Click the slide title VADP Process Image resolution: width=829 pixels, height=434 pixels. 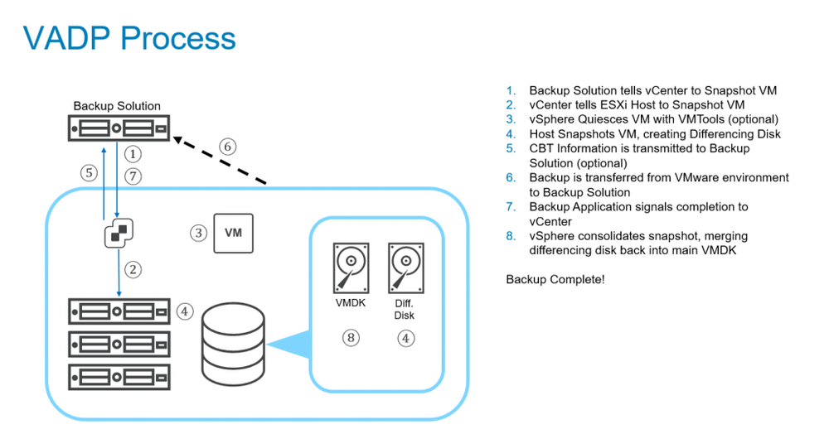click(129, 38)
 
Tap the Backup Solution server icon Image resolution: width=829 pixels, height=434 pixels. click(119, 129)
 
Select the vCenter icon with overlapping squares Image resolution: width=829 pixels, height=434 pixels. click(118, 234)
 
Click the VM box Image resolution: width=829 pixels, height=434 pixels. click(233, 233)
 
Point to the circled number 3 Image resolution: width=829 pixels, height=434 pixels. click(198, 233)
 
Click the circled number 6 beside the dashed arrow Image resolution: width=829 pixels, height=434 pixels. click(227, 147)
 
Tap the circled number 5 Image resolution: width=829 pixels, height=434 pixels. click(89, 174)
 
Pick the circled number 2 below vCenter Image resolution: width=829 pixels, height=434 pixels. click(132, 268)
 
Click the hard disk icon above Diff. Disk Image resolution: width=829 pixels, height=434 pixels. click(405, 268)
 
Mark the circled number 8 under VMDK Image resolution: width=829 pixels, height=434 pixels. click(351, 338)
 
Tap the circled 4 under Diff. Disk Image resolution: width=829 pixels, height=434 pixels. click(405, 338)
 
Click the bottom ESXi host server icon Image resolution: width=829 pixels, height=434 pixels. click(119, 375)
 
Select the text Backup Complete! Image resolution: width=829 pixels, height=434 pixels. click(555, 280)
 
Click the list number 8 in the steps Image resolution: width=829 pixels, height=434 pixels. click(511, 237)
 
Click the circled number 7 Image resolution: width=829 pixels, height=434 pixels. click(133, 176)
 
